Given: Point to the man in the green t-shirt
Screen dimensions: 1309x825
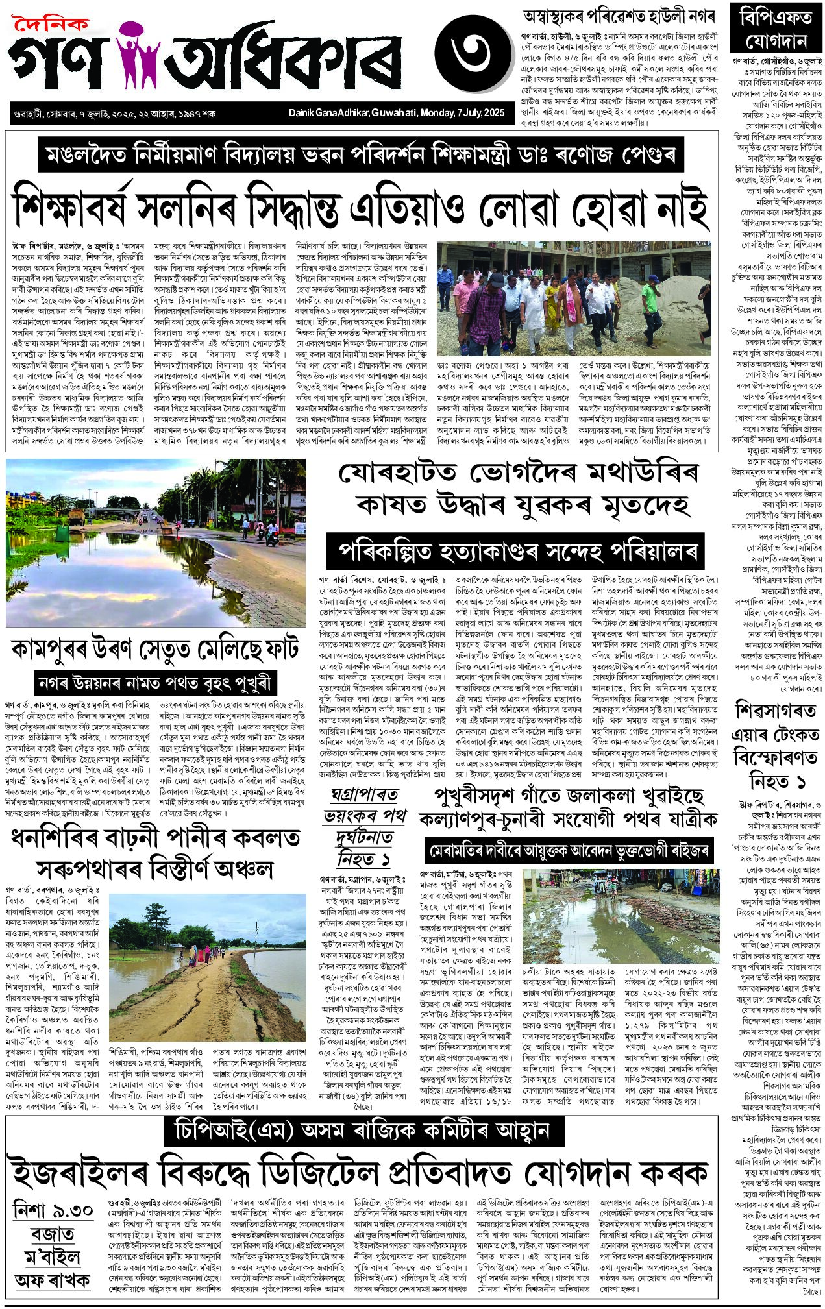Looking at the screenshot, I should [x=650, y=305].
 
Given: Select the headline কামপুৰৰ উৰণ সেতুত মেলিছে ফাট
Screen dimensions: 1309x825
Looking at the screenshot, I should [x=155, y=650].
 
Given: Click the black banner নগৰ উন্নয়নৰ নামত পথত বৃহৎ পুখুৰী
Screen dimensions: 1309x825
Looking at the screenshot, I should [x=156, y=683].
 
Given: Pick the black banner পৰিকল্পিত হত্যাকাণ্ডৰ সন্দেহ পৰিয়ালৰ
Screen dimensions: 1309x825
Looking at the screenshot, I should [x=516, y=552].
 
